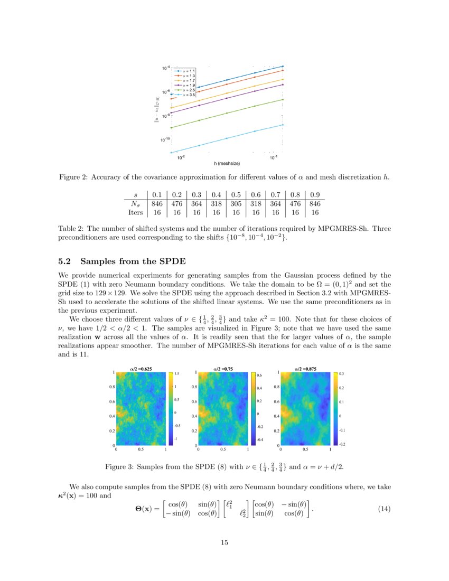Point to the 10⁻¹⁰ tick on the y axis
point(166,140)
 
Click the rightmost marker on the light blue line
point(283,125)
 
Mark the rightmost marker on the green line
point(283,99)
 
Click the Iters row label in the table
point(136,212)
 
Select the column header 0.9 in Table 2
point(315,194)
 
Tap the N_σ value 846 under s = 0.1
point(157,203)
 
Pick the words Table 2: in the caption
point(71,229)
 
